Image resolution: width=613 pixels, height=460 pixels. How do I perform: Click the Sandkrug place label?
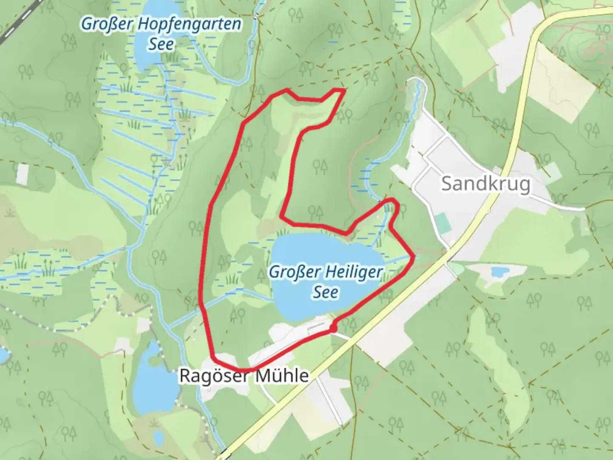tap(486, 184)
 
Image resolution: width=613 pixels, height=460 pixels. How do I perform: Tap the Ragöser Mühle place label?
tap(244, 376)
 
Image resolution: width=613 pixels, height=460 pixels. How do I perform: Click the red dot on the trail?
tap(333, 328)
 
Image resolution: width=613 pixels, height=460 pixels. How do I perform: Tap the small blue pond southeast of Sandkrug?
tap(497, 271)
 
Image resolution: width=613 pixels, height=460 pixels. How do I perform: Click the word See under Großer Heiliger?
tap(326, 292)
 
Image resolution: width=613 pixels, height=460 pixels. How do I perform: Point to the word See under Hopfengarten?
tap(161, 44)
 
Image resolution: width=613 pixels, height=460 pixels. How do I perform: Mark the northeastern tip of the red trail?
tap(343, 90)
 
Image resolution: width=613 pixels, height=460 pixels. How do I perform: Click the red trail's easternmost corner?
tap(413, 256)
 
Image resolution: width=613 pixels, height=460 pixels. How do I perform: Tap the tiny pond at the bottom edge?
tap(158, 437)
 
